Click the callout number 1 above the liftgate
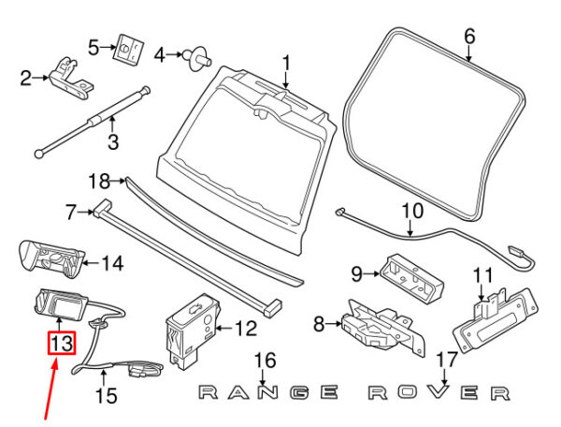286,64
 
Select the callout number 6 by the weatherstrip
469,37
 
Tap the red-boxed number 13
61,344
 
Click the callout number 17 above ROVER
446,359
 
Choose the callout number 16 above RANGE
266,361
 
